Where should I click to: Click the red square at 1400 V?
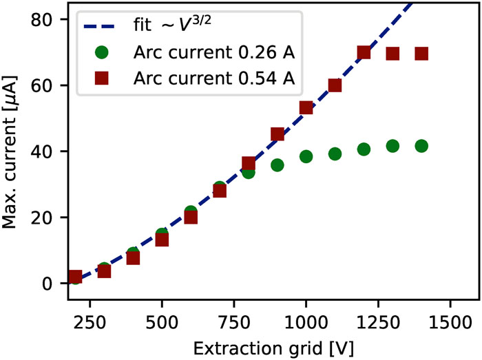(x=421, y=54)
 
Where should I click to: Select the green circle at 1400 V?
(x=421, y=146)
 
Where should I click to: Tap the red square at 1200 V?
(x=364, y=53)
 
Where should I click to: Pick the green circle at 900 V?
(x=277, y=165)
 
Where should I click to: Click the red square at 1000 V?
(x=306, y=108)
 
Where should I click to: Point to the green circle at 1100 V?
(x=335, y=154)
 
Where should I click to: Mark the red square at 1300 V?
(x=392, y=54)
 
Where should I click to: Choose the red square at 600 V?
(x=191, y=217)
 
